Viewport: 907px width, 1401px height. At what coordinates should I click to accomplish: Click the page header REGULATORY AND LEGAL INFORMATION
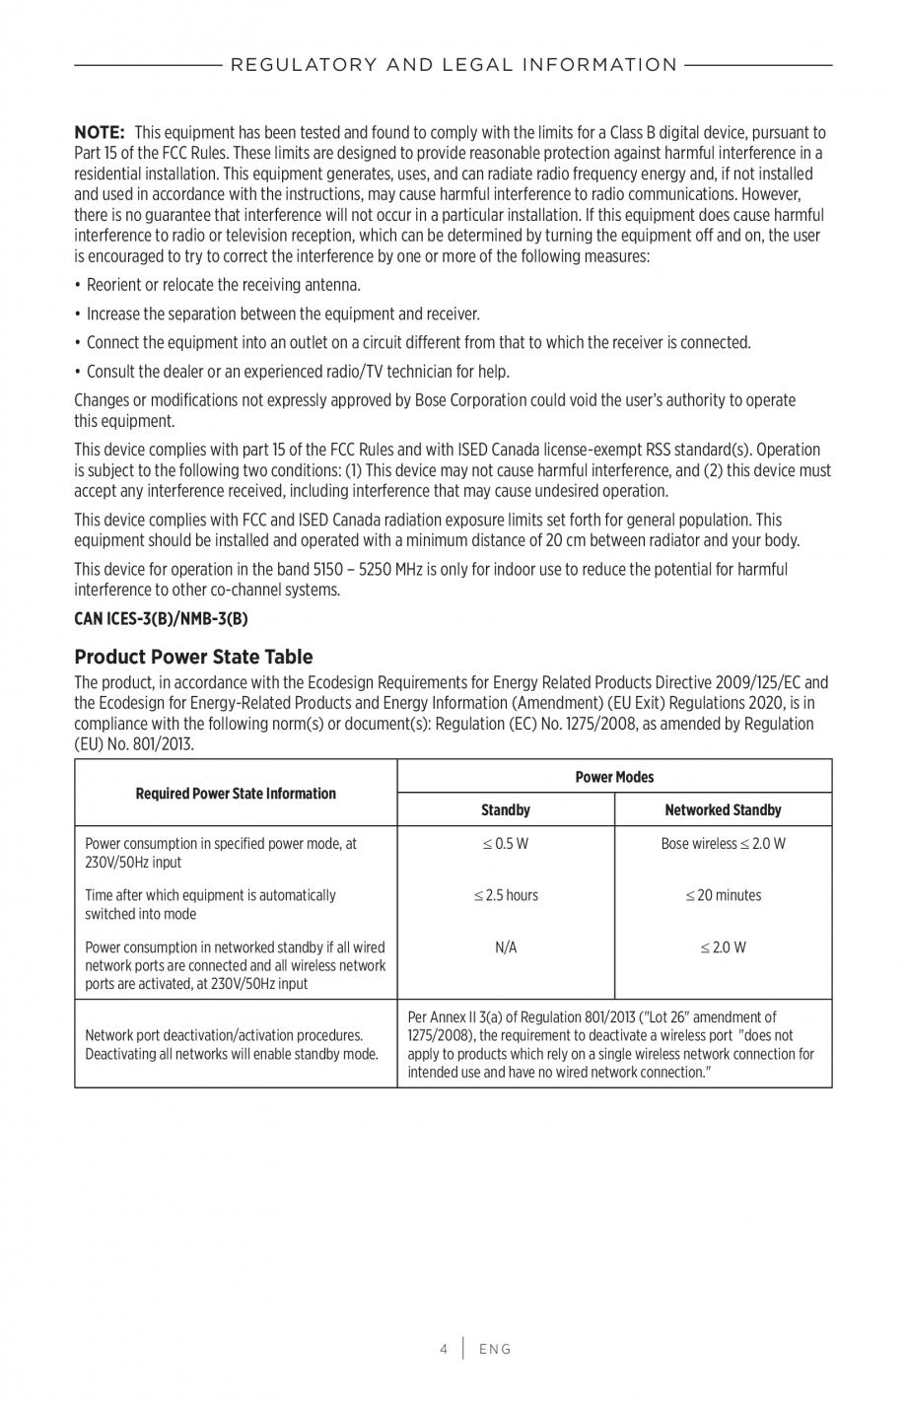click(453, 65)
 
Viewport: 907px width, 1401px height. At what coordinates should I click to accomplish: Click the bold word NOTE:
click(99, 132)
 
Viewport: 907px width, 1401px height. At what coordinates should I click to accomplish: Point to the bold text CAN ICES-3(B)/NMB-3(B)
click(161, 619)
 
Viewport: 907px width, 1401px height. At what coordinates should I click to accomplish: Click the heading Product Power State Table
click(193, 657)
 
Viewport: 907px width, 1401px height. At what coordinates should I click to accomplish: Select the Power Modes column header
click(614, 777)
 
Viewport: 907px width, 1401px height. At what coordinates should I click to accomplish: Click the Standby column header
click(505, 809)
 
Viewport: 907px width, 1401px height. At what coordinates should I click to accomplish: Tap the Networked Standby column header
click(723, 809)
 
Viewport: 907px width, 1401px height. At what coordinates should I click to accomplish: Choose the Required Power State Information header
click(236, 793)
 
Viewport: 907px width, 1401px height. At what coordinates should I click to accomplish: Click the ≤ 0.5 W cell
click(505, 844)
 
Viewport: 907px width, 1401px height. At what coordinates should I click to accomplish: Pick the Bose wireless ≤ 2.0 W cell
click(723, 844)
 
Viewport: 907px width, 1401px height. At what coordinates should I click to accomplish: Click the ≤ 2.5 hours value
click(505, 895)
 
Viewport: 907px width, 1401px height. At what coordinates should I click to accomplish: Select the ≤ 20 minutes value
click(723, 895)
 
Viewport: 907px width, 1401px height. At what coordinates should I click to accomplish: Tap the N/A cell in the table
click(505, 947)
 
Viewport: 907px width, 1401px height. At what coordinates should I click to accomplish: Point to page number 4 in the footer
click(444, 1349)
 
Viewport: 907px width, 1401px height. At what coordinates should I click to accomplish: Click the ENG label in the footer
click(495, 1349)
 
